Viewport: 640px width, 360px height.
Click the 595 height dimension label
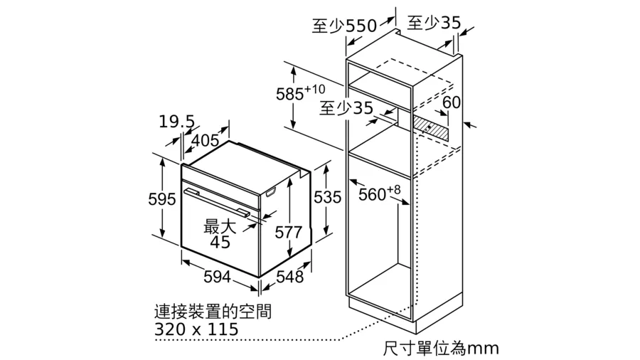161,199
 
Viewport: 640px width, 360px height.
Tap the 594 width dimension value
217,277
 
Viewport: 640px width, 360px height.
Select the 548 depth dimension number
290,277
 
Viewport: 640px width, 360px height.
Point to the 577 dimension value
288,233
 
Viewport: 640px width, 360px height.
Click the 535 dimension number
327,197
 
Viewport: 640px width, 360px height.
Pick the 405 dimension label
205,140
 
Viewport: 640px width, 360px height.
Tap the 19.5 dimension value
177,122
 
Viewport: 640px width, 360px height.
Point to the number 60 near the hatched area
452,102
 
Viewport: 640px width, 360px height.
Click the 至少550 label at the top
344,26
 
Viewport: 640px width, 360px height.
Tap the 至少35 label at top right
434,23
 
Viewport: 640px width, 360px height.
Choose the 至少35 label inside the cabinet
346,107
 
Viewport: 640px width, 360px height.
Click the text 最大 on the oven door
220,226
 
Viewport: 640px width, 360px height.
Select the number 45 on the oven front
220,242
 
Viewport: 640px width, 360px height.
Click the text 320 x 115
196,329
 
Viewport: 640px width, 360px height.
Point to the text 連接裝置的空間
213,312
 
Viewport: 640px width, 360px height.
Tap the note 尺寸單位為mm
441,349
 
